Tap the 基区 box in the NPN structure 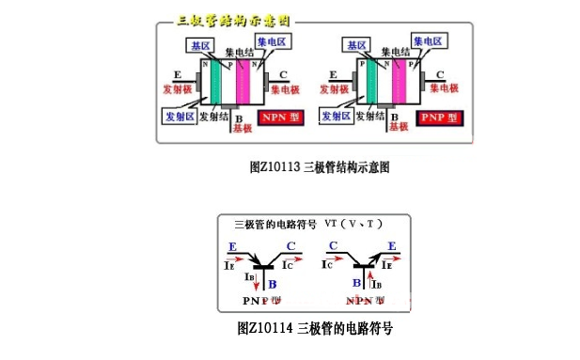[x=200, y=45]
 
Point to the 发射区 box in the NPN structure [x=179, y=116]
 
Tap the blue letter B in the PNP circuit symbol [x=272, y=283]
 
